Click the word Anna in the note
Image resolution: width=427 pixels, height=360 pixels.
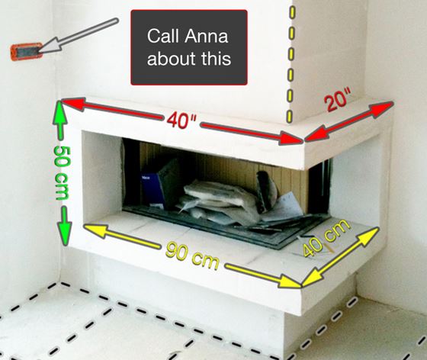pyautogui.click(x=207, y=36)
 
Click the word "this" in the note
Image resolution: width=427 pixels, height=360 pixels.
pyautogui.click(x=217, y=58)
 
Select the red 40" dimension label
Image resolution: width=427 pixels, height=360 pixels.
pyautogui.click(x=181, y=121)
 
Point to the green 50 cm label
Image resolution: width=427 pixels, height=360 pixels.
pyautogui.click(x=62, y=173)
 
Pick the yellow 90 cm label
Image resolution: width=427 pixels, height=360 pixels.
pyautogui.click(x=192, y=256)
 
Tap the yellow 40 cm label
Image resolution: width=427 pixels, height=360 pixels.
pyautogui.click(x=326, y=238)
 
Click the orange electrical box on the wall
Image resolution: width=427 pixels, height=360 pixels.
pyautogui.click(x=27, y=51)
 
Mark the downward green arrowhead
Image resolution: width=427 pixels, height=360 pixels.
pyautogui.click(x=64, y=233)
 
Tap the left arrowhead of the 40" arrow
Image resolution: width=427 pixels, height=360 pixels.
pyautogui.click(x=73, y=104)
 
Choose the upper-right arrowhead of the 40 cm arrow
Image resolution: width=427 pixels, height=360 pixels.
pyautogui.click(x=369, y=236)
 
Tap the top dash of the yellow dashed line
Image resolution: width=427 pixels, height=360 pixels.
pyautogui.click(x=292, y=12)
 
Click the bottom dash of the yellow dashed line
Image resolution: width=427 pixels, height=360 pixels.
pyautogui.click(x=289, y=116)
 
